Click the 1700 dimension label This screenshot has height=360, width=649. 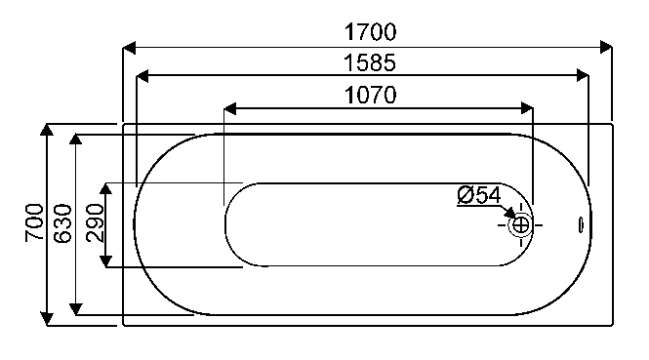tap(371, 32)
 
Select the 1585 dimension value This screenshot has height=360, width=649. tap(370, 62)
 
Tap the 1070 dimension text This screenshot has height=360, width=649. tap(371, 95)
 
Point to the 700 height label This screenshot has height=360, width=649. tap(34, 222)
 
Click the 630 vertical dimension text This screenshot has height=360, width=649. tap(62, 223)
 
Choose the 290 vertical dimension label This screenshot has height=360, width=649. tap(95, 222)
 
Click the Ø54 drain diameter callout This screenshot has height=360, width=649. tap(479, 195)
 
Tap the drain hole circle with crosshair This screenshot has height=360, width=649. tap(521, 225)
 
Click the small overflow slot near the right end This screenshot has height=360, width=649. tap(581, 225)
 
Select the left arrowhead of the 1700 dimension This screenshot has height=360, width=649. tap(130, 48)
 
